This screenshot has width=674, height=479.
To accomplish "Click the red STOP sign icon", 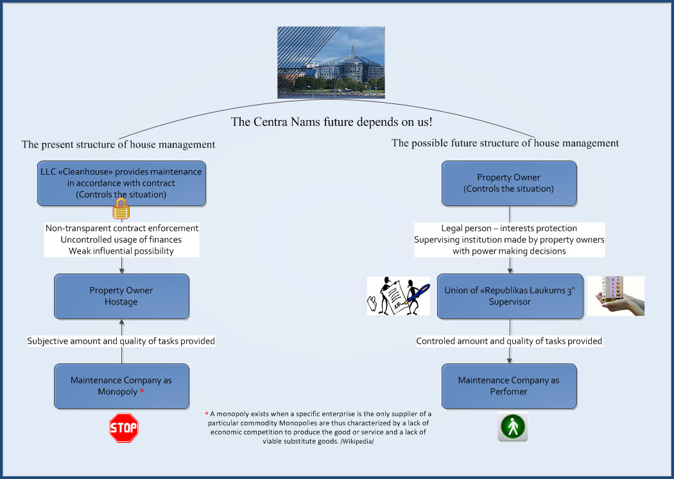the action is tap(124, 428).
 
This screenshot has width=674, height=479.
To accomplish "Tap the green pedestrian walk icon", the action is tap(513, 427).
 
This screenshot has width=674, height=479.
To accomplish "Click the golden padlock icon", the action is tap(121, 209).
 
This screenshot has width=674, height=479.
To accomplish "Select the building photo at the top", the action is tap(331, 62).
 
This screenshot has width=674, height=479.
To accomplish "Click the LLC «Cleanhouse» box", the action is tap(122, 184).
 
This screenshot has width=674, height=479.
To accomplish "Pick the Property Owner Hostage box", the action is tap(122, 296).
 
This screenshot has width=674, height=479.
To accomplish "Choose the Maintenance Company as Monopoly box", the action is tap(122, 386).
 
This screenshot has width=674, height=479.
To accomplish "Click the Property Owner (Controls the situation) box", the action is tap(510, 184).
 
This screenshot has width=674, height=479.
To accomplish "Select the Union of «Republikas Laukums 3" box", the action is tap(510, 296).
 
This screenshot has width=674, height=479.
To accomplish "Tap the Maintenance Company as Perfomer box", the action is tap(510, 386).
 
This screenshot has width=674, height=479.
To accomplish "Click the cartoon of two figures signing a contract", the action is tap(399, 296).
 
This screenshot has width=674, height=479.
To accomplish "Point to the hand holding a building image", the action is tap(616, 296).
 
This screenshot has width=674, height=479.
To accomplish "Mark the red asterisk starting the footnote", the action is tap(207, 414).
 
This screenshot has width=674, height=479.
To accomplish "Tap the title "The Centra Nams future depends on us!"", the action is tap(331, 122).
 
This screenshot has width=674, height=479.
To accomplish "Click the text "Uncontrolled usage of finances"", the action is tap(121, 239).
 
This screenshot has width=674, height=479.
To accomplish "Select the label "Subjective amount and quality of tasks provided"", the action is tap(121, 341).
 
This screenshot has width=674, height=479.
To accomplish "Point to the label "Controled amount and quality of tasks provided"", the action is tap(509, 341).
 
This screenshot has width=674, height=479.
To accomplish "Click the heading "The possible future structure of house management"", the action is tap(505, 143).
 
